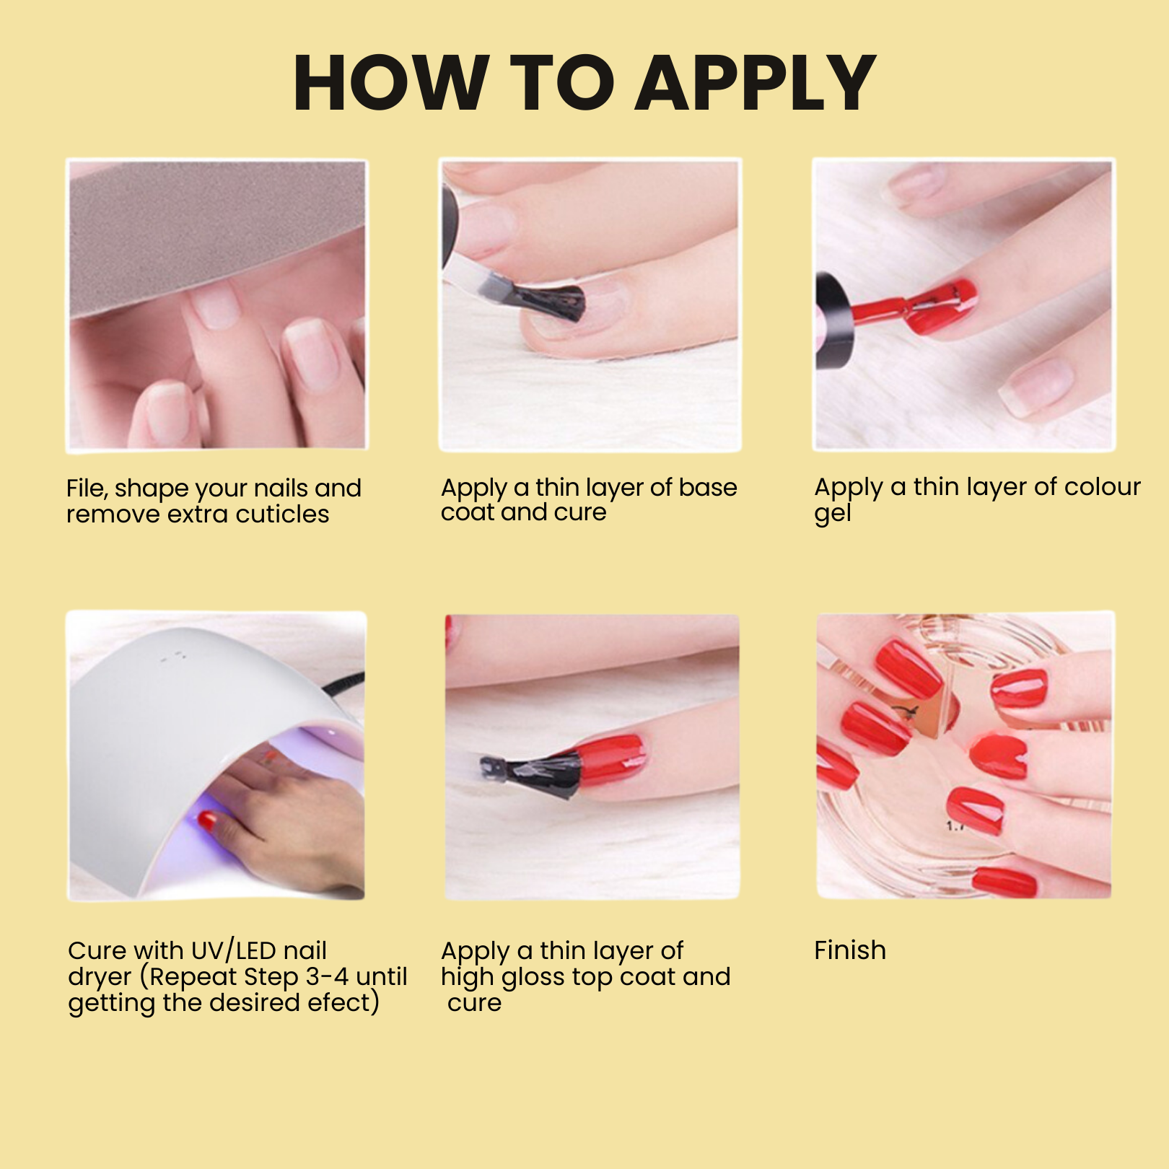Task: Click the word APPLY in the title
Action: click(757, 83)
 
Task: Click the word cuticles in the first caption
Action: click(282, 515)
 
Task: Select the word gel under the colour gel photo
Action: click(833, 514)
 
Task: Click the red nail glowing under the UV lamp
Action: click(207, 820)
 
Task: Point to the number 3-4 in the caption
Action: click(328, 977)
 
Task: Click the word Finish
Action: click(850, 950)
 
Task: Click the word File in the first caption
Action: click(87, 489)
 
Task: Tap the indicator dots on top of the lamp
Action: click(174, 657)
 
